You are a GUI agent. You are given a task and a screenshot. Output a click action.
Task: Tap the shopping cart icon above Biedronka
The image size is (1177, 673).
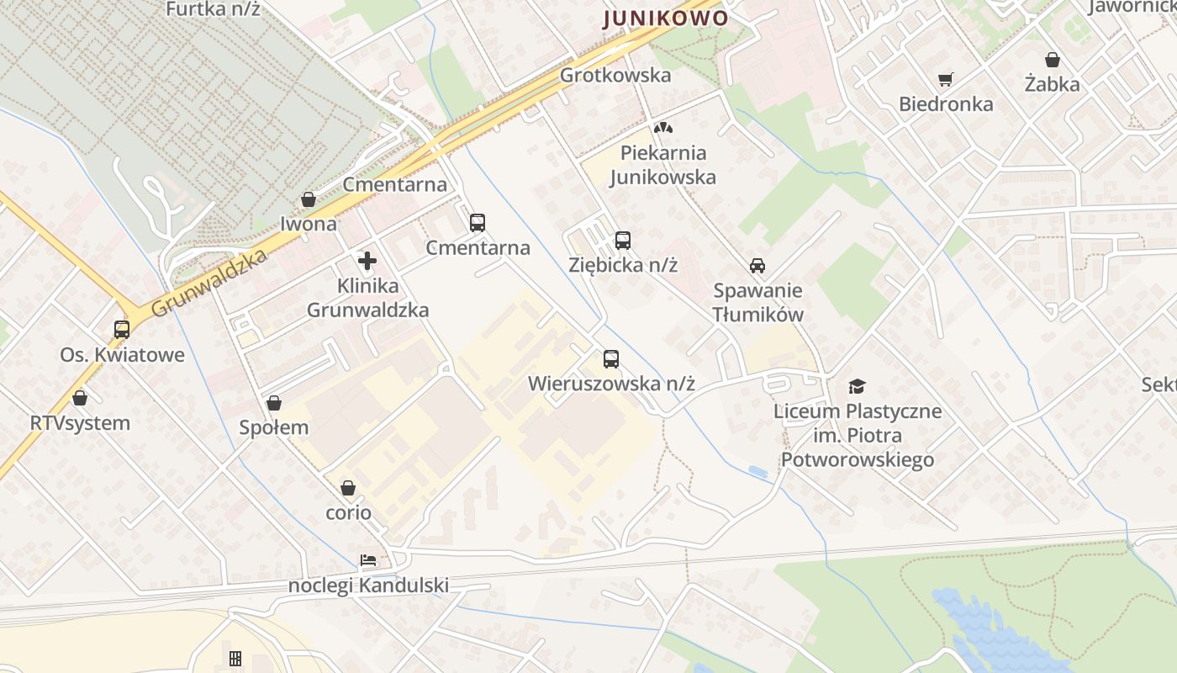pyautogui.click(x=946, y=80)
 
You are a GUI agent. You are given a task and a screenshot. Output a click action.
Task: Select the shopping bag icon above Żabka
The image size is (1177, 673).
pyautogui.click(x=1052, y=60)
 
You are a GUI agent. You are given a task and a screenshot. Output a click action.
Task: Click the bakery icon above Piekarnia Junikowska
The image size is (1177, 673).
pyautogui.click(x=663, y=129)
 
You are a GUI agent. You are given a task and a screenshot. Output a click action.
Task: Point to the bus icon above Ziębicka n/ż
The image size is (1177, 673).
pyautogui.click(x=622, y=241)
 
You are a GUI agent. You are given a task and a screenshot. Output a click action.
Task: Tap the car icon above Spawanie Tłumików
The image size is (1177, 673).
pyautogui.click(x=757, y=266)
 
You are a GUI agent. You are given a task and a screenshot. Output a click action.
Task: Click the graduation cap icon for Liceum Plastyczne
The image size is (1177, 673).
pyautogui.click(x=857, y=386)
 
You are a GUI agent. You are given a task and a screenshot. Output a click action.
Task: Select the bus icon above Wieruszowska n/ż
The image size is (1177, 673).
pyautogui.click(x=611, y=359)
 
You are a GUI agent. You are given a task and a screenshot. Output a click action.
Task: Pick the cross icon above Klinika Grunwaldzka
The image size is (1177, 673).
pyautogui.click(x=367, y=261)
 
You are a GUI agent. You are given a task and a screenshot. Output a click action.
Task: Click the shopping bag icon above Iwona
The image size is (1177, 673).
pyautogui.click(x=309, y=199)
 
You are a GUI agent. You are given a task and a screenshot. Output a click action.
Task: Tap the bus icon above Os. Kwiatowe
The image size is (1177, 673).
pyautogui.click(x=122, y=330)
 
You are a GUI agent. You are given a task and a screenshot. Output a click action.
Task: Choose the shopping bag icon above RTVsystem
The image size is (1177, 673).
pyautogui.click(x=80, y=398)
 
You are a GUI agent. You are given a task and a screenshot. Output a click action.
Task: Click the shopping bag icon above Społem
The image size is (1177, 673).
pyautogui.click(x=273, y=403)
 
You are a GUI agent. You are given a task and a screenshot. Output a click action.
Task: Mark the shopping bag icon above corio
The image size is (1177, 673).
pyautogui.click(x=348, y=488)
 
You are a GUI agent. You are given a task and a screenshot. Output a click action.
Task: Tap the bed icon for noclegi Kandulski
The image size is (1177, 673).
pyautogui.click(x=368, y=560)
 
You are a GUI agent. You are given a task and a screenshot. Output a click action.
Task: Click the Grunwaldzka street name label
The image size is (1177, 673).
pyautogui.click(x=209, y=283)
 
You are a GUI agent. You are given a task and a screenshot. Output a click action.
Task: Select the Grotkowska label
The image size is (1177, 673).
pyautogui.click(x=615, y=75)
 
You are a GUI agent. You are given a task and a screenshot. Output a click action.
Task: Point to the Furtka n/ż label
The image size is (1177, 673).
pyautogui.click(x=213, y=9)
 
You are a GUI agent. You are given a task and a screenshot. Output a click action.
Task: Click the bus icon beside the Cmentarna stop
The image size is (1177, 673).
pyautogui.click(x=478, y=223)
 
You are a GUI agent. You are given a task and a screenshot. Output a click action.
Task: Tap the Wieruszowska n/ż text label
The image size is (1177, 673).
pyautogui.click(x=611, y=384)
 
